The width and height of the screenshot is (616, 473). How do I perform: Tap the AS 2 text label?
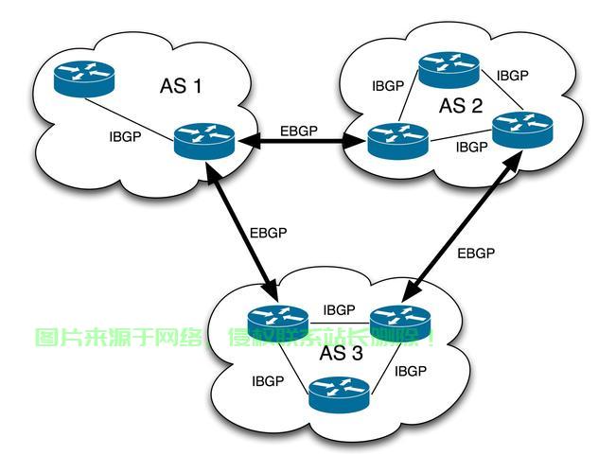[x=461, y=105]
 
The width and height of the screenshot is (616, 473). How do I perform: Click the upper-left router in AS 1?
[x=83, y=78]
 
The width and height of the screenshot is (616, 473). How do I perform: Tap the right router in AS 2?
[x=521, y=128]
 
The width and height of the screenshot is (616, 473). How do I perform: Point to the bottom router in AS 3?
[x=339, y=392]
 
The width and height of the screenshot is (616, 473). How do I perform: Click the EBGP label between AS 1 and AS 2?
[x=299, y=131]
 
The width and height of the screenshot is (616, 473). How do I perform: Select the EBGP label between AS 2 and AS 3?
[x=476, y=253]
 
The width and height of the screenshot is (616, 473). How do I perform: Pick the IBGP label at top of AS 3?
[x=339, y=309]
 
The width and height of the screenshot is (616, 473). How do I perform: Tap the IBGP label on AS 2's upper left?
[x=388, y=85]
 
